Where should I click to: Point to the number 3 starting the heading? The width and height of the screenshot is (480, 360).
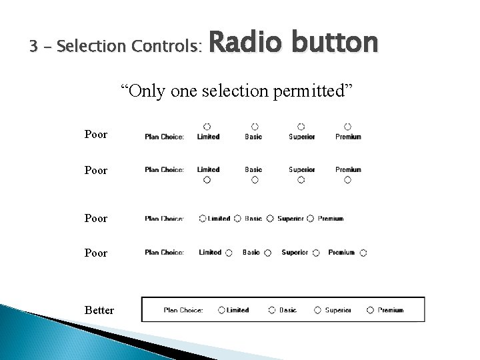tap(33, 47)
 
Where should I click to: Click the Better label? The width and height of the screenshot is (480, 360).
tap(99, 311)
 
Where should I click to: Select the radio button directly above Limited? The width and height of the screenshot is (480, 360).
tap(207, 126)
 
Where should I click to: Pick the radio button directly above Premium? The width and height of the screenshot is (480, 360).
tap(347, 126)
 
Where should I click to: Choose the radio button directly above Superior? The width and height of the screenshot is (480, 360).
tap(301, 126)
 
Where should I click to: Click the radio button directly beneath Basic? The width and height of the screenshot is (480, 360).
tap(254, 180)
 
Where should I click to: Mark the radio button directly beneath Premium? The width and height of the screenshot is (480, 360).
tap(347, 180)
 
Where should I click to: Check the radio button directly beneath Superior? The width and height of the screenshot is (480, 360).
tap(301, 180)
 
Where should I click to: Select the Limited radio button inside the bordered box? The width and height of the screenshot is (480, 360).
tap(221, 310)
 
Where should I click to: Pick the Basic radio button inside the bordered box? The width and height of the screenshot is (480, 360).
tap(272, 310)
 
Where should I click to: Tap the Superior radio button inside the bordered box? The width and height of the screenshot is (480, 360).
tap(317, 310)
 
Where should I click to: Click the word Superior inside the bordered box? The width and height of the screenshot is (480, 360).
tap(338, 310)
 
